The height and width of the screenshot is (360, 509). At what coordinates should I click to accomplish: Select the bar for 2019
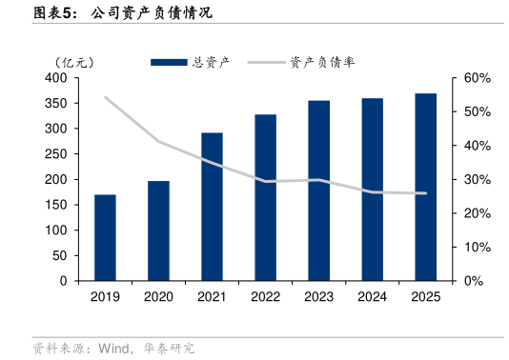point(105,238)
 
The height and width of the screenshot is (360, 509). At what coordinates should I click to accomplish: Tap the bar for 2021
point(212,207)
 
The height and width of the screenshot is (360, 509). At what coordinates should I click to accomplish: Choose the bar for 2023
point(319,190)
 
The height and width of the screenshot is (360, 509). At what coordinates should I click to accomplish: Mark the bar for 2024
point(373,190)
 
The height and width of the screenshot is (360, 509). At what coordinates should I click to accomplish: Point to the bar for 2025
point(426,188)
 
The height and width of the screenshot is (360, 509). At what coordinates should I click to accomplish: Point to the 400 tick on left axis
point(55,78)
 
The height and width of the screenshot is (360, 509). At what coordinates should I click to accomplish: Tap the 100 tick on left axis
point(55,230)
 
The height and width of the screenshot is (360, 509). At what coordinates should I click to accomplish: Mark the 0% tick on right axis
point(474,281)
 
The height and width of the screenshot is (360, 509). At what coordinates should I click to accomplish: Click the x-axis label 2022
point(265,296)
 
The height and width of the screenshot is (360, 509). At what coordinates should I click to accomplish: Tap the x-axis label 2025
point(426,296)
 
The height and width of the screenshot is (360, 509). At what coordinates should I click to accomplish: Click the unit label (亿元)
point(73,63)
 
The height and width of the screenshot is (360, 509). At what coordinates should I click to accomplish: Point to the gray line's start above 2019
point(105,97)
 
